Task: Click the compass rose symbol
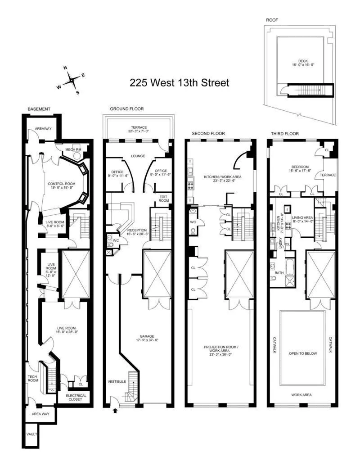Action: tap(72, 80)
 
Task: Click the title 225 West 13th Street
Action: tap(180, 83)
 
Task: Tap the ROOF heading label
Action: tap(271, 20)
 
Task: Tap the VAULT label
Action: tap(32, 434)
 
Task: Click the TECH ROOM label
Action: tap(32, 379)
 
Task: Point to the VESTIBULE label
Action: tap(117, 382)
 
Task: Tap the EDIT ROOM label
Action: tap(163, 199)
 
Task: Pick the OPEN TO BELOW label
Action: tap(303, 353)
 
